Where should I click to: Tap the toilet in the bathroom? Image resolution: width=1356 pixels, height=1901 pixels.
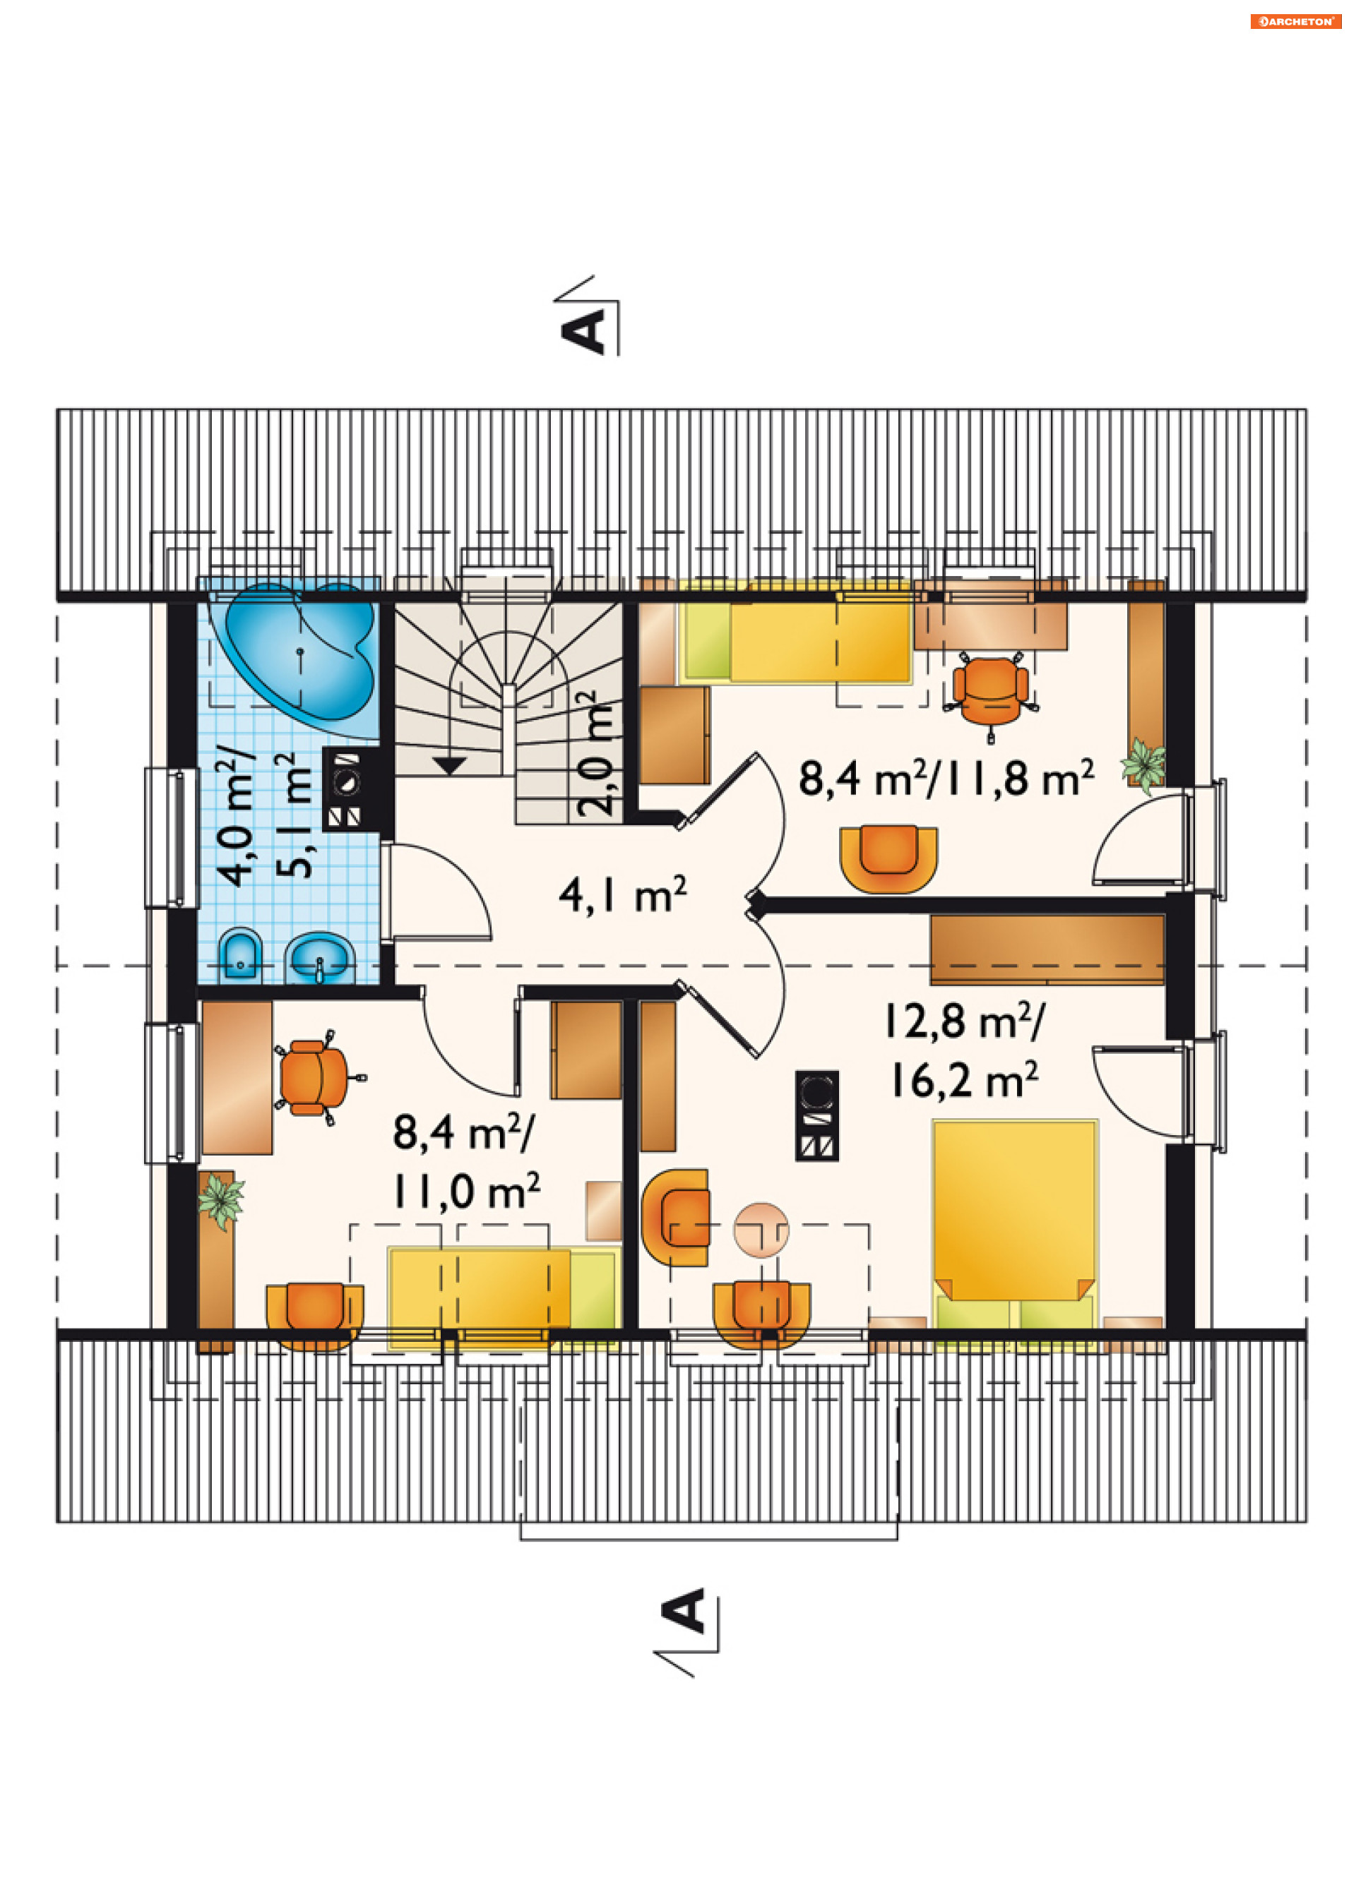point(240,956)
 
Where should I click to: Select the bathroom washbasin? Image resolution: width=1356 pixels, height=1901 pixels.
point(320,958)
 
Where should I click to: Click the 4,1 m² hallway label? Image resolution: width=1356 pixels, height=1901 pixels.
point(623,894)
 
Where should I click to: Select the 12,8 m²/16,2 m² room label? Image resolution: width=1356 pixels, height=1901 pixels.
point(965,1050)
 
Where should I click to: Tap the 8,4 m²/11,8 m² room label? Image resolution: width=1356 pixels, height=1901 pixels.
point(947,778)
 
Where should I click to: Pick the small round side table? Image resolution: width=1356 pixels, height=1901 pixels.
point(761,1229)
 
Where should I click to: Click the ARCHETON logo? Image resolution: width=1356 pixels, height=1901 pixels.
point(1295,21)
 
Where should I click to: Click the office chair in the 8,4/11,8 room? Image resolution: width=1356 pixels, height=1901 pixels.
point(990,692)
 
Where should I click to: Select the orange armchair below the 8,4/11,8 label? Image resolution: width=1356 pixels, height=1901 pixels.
point(888,860)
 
